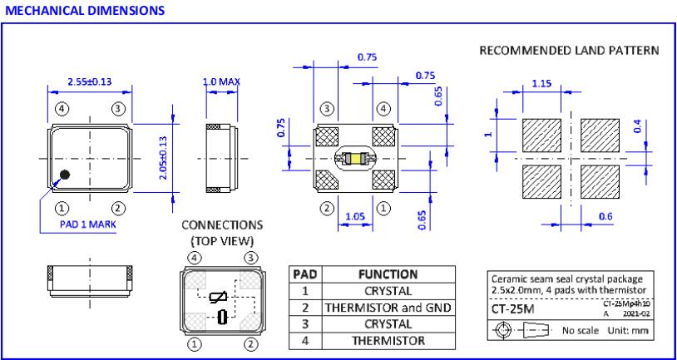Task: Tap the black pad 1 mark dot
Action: (64, 175)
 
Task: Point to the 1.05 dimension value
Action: (355, 218)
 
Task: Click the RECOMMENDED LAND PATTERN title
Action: (569, 51)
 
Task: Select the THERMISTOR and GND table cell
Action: (388, 308)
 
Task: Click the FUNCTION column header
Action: (388, 275)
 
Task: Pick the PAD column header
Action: (304, 275)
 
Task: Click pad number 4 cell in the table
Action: (304, 340)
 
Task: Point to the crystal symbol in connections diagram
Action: (221, 318)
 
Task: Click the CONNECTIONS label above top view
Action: (221, 225)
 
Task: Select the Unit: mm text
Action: (628, 330)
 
